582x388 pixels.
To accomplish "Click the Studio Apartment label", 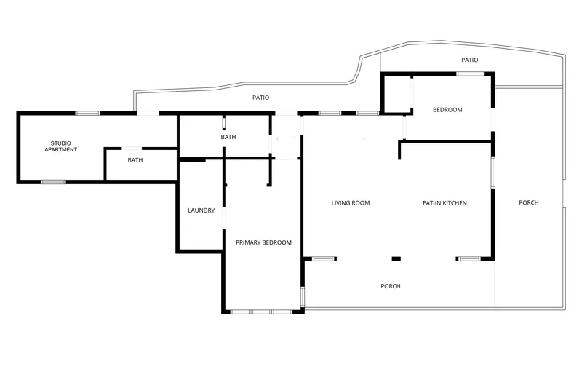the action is click(60, 146).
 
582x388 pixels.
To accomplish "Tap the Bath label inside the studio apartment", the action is click(135, 160).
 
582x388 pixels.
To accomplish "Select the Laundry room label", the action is click(202, 210).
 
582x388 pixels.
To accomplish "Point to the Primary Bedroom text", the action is click(263, 242).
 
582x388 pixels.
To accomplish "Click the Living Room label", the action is click(351, 202).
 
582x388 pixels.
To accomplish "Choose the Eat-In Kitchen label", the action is click(445, 202).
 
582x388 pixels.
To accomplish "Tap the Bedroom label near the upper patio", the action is click(447, 109).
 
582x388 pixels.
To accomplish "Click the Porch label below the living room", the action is click(391, 286).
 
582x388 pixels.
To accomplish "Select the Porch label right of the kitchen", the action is click(529, 202).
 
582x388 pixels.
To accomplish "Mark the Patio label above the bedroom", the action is click(469, 60).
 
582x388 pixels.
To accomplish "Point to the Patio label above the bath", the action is click(260, 98).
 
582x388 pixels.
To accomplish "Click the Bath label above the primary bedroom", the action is click(228, 137).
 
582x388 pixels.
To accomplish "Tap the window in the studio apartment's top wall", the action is click(88, 113).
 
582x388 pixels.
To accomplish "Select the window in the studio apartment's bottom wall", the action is click(53, 182).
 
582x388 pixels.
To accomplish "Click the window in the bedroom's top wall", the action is click(470, 74).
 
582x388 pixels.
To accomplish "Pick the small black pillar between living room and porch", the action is click(396, 259).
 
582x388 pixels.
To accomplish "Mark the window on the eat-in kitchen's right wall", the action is click(493, 173).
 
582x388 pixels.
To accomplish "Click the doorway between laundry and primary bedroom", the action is click(223, 218).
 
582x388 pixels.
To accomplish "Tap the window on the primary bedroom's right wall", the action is click(303, 297).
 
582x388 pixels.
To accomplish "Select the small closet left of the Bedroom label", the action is click(396, 94).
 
